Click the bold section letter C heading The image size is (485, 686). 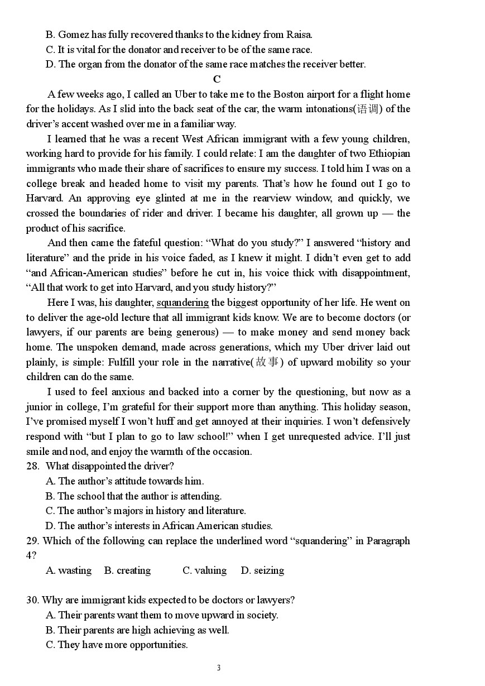click(x=217, y=79)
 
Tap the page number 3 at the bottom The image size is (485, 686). click(x=219, y=668)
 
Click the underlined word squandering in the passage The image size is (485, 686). click(x=183, y=303)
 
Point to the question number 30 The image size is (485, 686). click(x=32, y=600)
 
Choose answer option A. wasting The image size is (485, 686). click(x=69, y=570)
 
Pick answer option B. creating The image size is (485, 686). click(x=127, y=570)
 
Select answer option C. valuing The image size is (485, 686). click(x=204, y=570)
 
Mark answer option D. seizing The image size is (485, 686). click(x=262, y=570)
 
